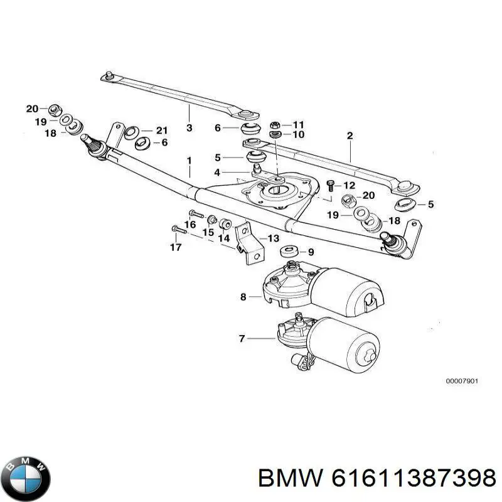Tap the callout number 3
pos(188,127)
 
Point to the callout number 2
pos(350,136)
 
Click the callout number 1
pos(188,161)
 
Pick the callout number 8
pos(243,297)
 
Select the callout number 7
pos(242,339)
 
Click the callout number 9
pos(311,252)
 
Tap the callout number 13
pos(273,238)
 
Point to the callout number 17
pos(176,247)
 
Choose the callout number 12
pos(349,185)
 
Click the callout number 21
pos(162,131)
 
